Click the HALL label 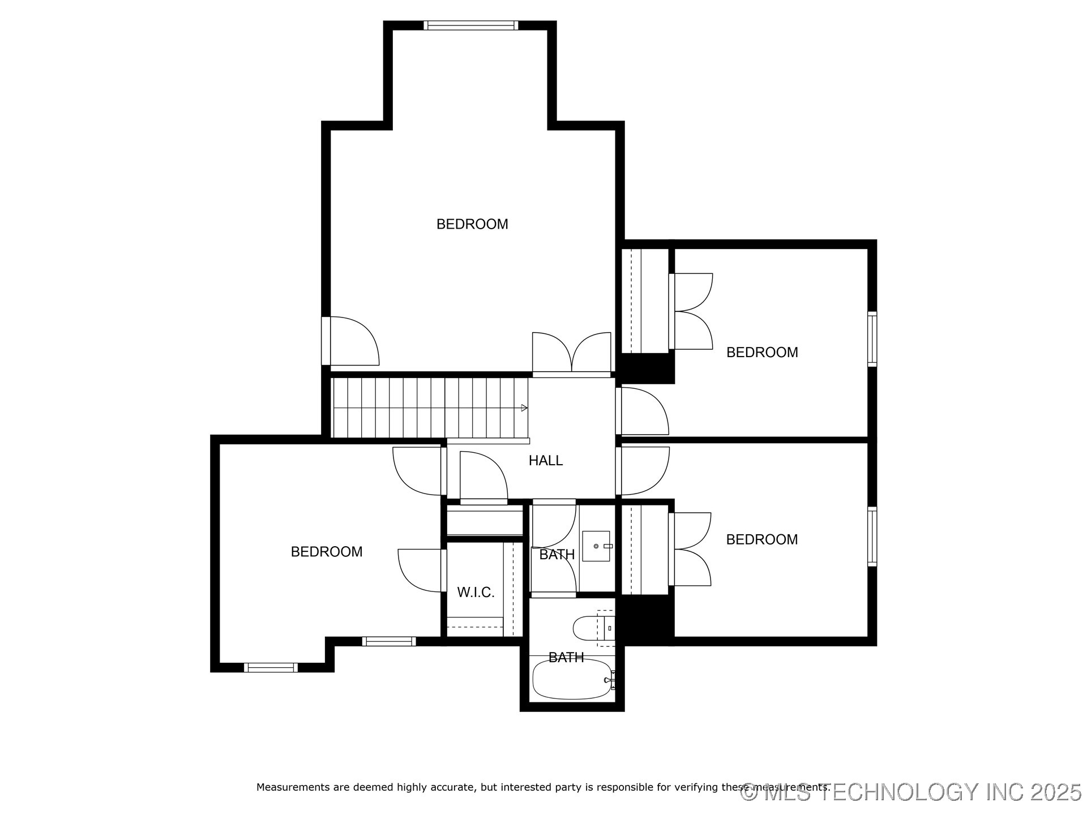coord(545,461)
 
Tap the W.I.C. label coord(476,593)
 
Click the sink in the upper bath coord(596,546)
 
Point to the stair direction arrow coord(524,408)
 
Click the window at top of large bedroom coord(470,25)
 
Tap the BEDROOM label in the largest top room coord(472,224)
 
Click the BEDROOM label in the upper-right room coord(762,353)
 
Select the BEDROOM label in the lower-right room coord(762,540)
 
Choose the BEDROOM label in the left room coord(327,552)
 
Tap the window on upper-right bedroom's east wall coord(872,338)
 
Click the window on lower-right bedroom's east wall coord(872,537)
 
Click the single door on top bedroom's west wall coord(351,341)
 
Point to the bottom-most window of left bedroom coord(271,668)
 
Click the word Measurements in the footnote coord(293,787)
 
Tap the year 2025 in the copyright coord(1055,792)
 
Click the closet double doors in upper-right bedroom coord(692,311)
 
